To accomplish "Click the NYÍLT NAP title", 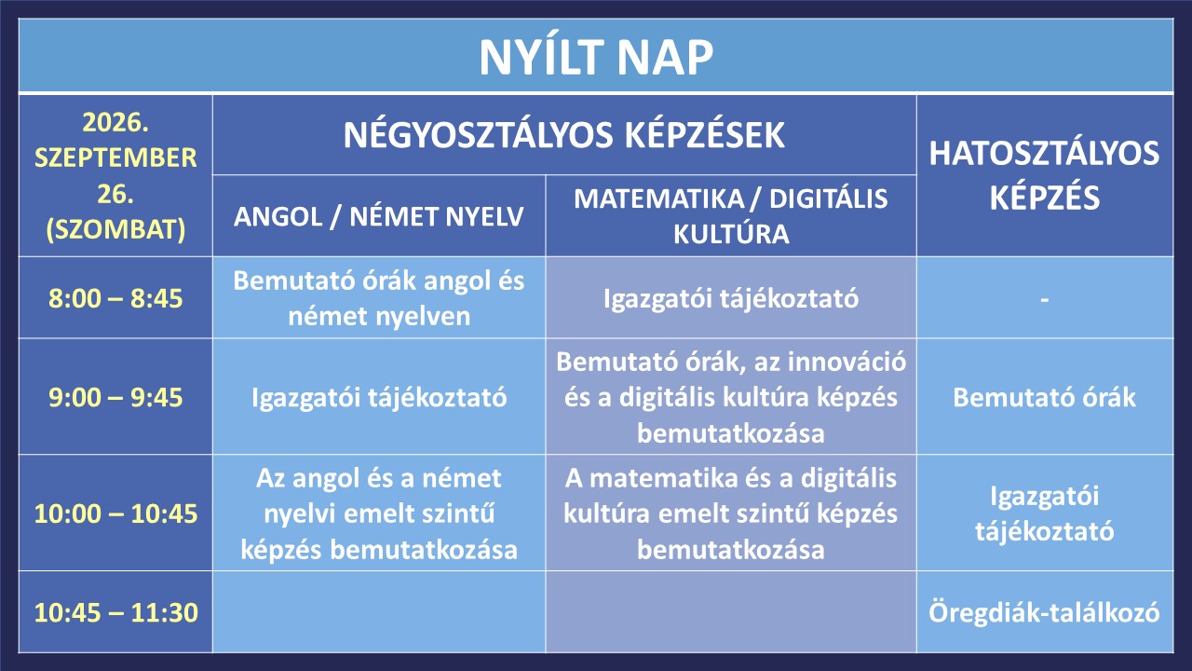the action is tap(596, 58).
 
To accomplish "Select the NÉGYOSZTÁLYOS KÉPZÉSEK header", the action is tap(564, 135).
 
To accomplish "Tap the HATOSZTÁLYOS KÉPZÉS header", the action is tap(1044, 175).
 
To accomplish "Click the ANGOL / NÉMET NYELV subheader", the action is tap(378, 216).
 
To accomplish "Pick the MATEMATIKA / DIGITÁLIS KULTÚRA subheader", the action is tap(731, 215).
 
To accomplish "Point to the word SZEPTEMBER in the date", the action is tap(115, 157).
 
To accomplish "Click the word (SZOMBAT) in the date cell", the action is tap(115, 230).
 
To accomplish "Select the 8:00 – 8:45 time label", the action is tap(115, 297).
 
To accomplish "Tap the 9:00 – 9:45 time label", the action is tap(115, 397).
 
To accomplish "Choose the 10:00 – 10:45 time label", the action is tap(115, 514).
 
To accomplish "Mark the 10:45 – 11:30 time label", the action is tap(115, 612).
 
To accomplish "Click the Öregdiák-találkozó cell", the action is tap(1044, 612).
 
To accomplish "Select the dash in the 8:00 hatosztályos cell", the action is tap(1045, 300).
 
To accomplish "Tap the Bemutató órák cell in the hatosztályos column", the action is tap(1044, 397).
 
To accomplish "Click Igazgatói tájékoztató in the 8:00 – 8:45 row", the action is tap(731, 298).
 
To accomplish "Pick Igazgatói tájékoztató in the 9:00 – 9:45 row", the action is tap(379, 398).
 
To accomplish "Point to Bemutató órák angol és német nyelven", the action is tap(379, 298).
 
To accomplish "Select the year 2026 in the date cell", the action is tap(115, 122).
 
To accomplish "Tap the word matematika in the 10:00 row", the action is tap(662, 478).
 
